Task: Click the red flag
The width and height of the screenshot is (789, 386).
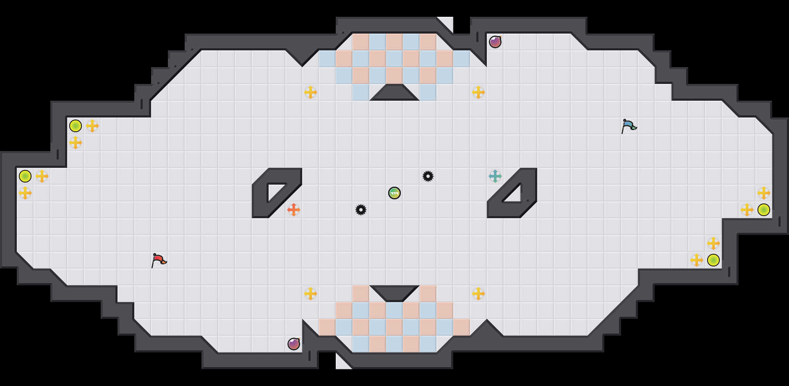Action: click(159, 260)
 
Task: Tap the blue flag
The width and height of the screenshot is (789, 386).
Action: click(629, 125)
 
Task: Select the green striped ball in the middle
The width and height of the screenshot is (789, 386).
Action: click(394, 193)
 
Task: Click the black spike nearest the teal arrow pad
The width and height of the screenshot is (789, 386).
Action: click(428, 176)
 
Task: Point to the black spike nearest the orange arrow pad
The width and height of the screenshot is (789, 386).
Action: click(361, 210)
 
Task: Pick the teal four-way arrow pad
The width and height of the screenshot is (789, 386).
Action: click(495, 176)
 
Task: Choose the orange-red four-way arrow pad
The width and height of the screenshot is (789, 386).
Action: click(294, 209)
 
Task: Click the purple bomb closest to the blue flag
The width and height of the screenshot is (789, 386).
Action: click(495, 42)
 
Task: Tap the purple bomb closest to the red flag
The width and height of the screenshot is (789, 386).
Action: click(294, 344)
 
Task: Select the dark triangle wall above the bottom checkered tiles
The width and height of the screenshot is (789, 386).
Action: click(394, 292)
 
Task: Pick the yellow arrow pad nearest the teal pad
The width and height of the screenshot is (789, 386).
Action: click(478, 92)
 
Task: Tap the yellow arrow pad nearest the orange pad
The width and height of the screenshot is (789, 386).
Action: click(311, 294)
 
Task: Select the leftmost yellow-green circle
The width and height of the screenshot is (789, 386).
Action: click(25, 176)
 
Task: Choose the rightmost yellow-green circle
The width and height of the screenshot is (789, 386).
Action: click(764, 210)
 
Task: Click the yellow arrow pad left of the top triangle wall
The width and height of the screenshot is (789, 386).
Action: click(311, 92)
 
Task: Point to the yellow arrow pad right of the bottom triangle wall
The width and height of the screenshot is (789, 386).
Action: click(478, 294)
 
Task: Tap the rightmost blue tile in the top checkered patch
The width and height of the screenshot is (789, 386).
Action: click(462, 59)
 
